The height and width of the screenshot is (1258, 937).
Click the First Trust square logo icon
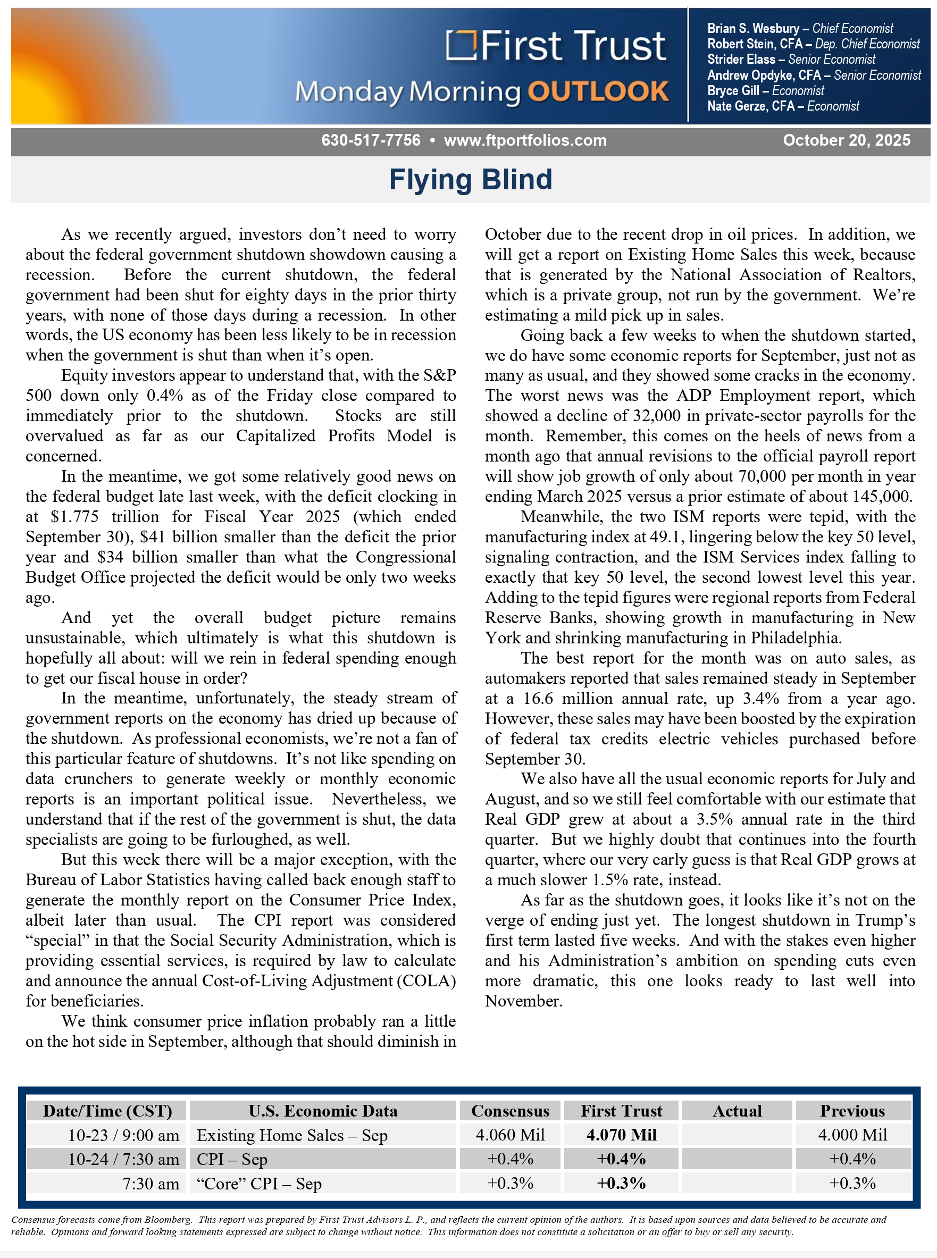(460, 45)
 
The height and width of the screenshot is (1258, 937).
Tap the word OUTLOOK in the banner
(598, 92)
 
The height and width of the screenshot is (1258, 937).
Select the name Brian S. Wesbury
(752, 28)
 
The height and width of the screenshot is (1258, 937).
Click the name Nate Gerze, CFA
(750, 106)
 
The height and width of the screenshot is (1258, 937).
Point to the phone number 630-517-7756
(371, 140)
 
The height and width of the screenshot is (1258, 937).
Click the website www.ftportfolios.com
(525, 140)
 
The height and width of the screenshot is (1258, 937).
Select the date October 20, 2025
(846, 140)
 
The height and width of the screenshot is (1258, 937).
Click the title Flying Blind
(470, 180)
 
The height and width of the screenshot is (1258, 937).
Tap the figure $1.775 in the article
(74, 517)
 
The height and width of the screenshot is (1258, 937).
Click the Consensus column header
(510, 1111)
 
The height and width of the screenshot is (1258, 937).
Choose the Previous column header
(852, 1111)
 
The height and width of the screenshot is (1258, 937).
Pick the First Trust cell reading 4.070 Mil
(621, 1135)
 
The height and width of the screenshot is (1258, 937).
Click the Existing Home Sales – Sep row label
(292, 1136)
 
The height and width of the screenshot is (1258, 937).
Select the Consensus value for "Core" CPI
(510, 1184)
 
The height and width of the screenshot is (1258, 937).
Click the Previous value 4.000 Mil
(852, 1135)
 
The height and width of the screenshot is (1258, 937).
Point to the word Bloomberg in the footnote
(168, 1219)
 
